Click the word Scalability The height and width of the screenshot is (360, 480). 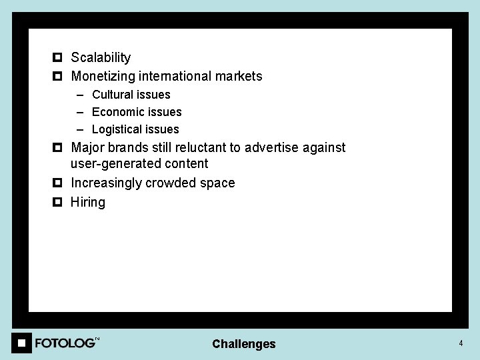(x=101, y=58)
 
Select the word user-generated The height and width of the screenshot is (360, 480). (x=115, y=164)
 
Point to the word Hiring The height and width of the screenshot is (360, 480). (x=88, y=202)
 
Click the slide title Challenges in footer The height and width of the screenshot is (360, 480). (x=243, y=344)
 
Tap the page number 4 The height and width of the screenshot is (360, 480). (x=460, y=343)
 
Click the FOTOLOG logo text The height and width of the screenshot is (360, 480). (x=65, y=343)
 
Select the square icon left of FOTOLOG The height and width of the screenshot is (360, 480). (x=21, y=343)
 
